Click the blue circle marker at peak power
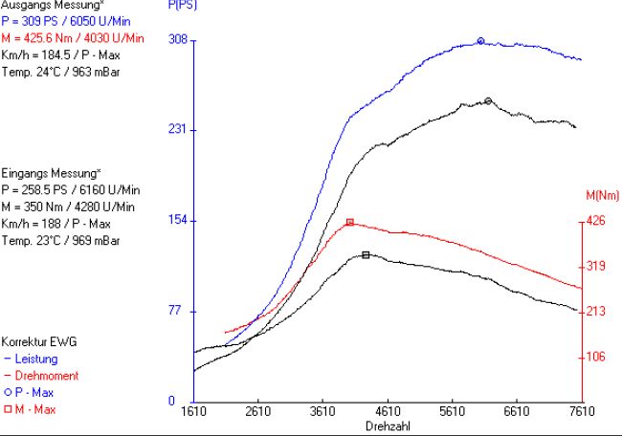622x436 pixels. pos(481,41)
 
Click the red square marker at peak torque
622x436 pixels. pos(350,222)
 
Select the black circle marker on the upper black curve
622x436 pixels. pos(488,100)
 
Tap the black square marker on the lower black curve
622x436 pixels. pos(367,255)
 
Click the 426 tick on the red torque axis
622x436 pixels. pos(595,222)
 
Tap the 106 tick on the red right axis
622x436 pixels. pos(595,357)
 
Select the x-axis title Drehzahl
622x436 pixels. pos(388,425)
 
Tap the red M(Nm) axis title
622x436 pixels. pos(602,196)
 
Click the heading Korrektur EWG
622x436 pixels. pos(39,341)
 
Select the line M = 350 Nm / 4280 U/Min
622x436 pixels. pos(68,207)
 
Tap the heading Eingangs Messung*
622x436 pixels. pos(51,174)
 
